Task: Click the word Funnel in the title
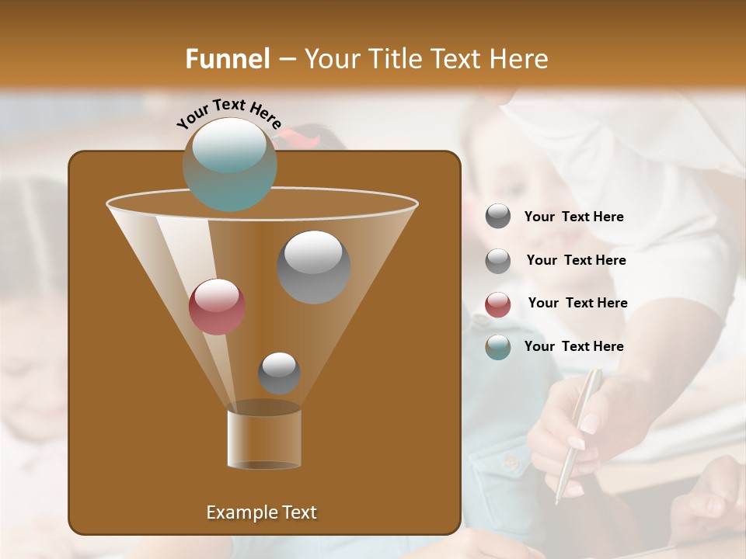228,59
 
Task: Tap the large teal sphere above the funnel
229,164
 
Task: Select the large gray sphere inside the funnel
313,266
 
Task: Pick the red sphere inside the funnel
217,306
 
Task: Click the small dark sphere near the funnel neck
279,373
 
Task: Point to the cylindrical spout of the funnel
263,438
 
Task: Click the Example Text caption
261,512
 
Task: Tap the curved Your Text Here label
228,113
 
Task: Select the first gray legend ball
498,217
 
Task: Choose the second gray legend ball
498,260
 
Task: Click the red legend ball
498,304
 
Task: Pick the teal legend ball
498,347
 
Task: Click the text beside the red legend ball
577,303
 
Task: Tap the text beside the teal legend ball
573,346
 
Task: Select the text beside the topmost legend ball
573,217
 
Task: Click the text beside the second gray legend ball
576,260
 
